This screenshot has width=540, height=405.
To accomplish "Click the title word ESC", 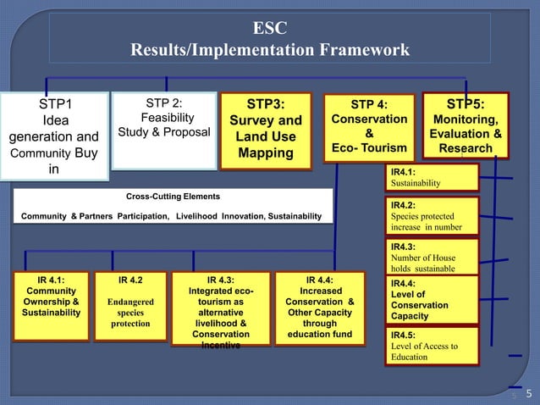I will tap(269, 28).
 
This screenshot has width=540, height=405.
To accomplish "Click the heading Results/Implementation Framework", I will tap(269, 51).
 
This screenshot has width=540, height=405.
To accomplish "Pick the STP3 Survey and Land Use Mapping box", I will tap(265, 128).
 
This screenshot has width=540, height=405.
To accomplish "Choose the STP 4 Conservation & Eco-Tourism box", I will tap(369, 127).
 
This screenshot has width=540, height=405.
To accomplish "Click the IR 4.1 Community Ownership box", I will tap(52, 300).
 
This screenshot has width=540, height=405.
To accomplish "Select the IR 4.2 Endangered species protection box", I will tap(130, 300).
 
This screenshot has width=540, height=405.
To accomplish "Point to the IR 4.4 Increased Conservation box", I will tap(319, 305).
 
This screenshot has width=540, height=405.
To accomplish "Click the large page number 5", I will tap(528, 392).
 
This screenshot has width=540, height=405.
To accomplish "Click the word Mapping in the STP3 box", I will tap(265, 153).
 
